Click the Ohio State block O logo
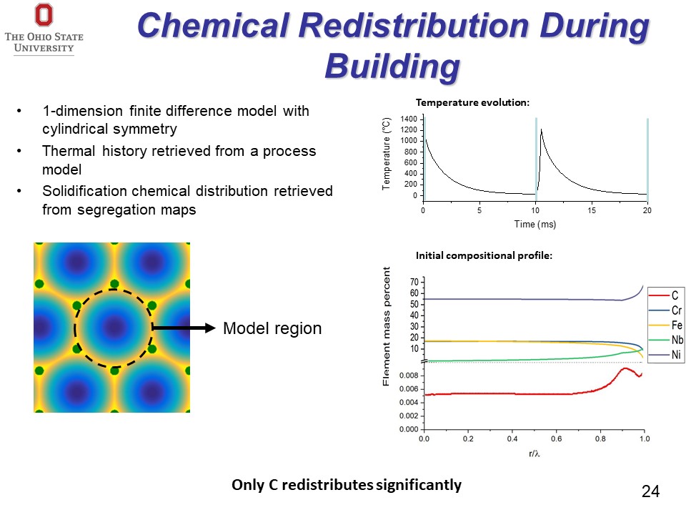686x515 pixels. pyautogui.click(x=44, y=15)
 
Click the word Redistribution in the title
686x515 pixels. pyautogui.click(x=414, y=26)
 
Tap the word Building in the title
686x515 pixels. pyautogui.click(x=392, y=67)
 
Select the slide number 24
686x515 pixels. pyautogui.click(x=650, y=491)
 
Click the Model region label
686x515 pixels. pyautogui.click(x=272, y=328)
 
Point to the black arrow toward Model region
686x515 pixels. pyautogui.click(x=184, y=328)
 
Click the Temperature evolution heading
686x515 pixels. pyautogui.click(x=472, y=102)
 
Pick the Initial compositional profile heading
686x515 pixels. pyautogui.click(x=484, y=255)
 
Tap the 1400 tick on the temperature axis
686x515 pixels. pyautogui.click(x=409, y=119)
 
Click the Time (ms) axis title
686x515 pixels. pyautogui.click(x=535, y=224)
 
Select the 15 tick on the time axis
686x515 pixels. pyautogui.click(x=592, y=210)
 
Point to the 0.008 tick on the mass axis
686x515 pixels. pyautogui.click(x=409, y=376)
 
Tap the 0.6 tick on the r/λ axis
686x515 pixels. pyautogui.click(x=556, y=438)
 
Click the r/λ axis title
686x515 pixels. pyautogui.click(x=535, y=453)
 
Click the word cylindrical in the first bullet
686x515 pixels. pyautogui.click(x=74, y=129)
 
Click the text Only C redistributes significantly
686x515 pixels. pyautogui.click(x=347, y=485)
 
